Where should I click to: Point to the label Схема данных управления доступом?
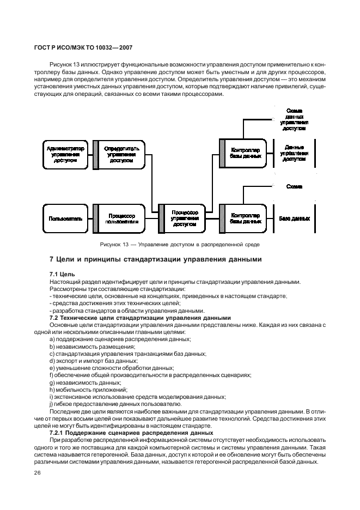click(x=294, y=120)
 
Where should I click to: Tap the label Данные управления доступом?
click(x=294, y=154)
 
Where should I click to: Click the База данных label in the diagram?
click(x=294, y=218)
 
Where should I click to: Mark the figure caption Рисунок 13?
click(x=179, y=244)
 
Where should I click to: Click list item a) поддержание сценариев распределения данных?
click(x=120, y=339)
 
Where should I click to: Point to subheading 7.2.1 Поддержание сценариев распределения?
click(x=136, y=433)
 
